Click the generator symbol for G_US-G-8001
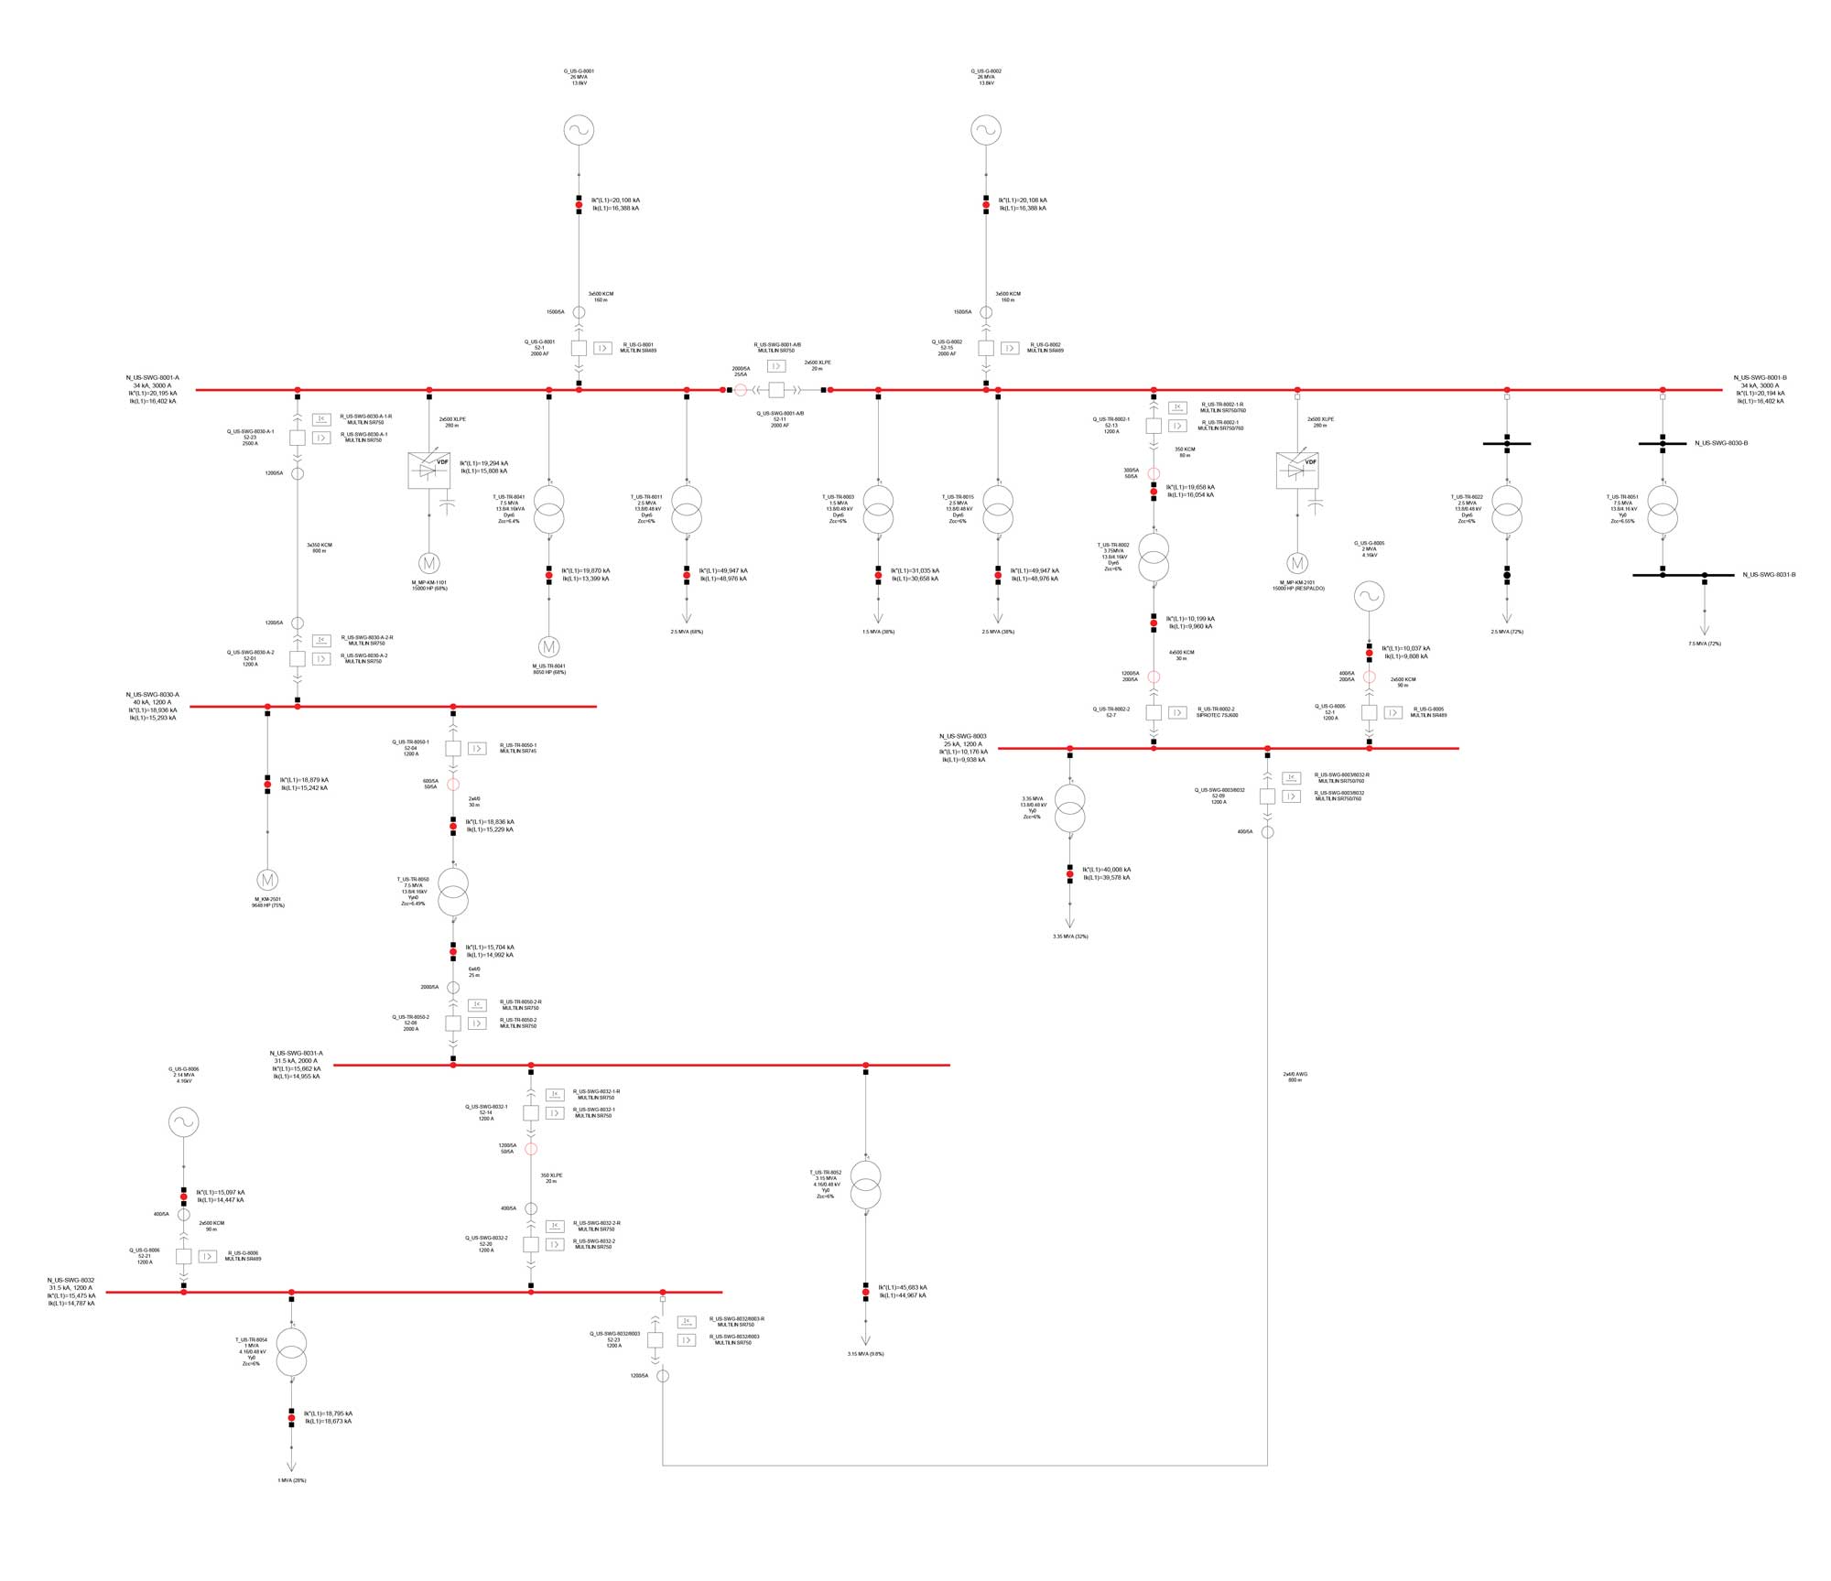pos(579,130)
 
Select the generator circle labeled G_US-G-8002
pos(986,130)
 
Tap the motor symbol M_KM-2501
pos(267,881)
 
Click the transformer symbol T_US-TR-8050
pos(453,893)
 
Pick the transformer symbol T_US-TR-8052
pos(865,1186)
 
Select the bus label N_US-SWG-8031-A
pos(296,1053)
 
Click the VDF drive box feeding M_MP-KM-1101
pos(428,470)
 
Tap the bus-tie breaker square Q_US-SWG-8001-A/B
pos(776,390)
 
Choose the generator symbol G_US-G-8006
pos(183,1122)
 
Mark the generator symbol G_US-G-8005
pos(1369,597)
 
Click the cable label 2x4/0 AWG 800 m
pos(1295,1077)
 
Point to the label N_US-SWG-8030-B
pos(1721,443)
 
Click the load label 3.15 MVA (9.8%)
pos(865,1354)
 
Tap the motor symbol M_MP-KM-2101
pos(1297,563)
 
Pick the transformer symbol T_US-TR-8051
pos(1663,510)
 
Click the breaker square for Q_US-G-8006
pos(183,1256)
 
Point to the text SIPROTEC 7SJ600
pos(1218,715)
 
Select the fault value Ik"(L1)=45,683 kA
pos(902,1287)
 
